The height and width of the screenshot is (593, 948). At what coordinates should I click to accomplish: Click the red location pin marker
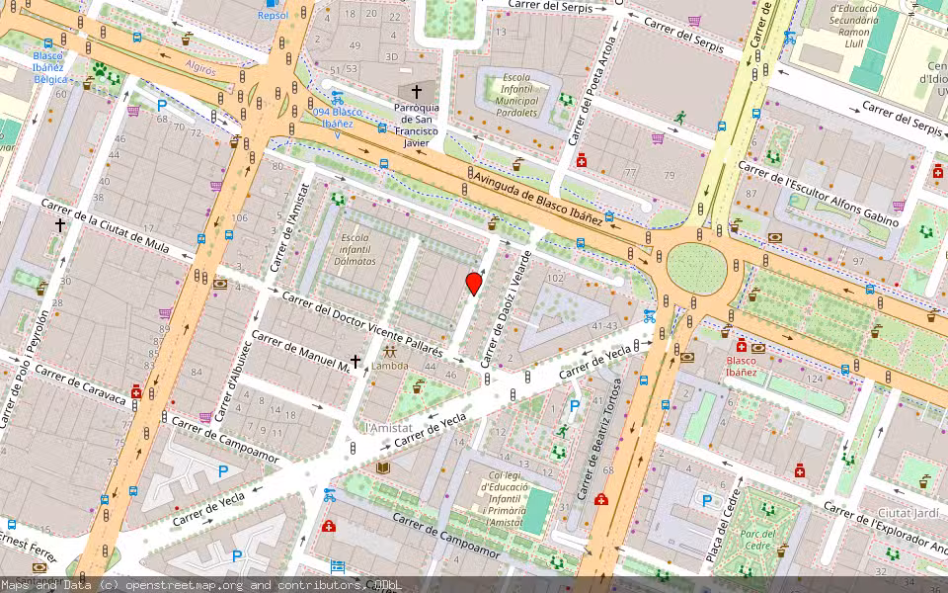(474, 283)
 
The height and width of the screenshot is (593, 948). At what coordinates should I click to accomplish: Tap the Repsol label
(273, 15)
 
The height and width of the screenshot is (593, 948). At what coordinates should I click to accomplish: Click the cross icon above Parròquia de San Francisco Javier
(416, 91)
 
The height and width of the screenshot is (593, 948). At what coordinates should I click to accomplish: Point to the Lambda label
(389, 366)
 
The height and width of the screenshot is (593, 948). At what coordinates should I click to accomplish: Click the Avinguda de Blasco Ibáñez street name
(538, 199)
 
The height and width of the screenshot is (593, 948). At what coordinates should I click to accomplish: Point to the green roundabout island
(696, 268)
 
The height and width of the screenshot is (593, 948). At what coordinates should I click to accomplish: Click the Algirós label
(200, 65)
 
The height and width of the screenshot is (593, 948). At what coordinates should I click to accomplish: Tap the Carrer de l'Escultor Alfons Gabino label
(819, 194)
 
